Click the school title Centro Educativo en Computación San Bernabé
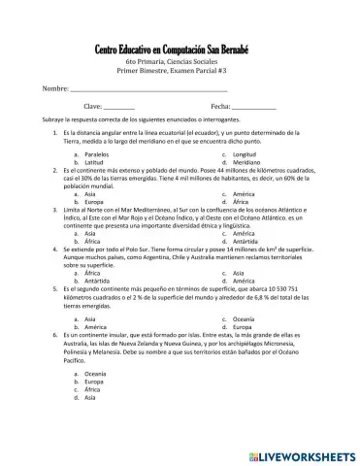click(180, 50)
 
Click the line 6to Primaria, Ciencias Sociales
click(180, 63)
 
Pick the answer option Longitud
click(244, 154)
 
